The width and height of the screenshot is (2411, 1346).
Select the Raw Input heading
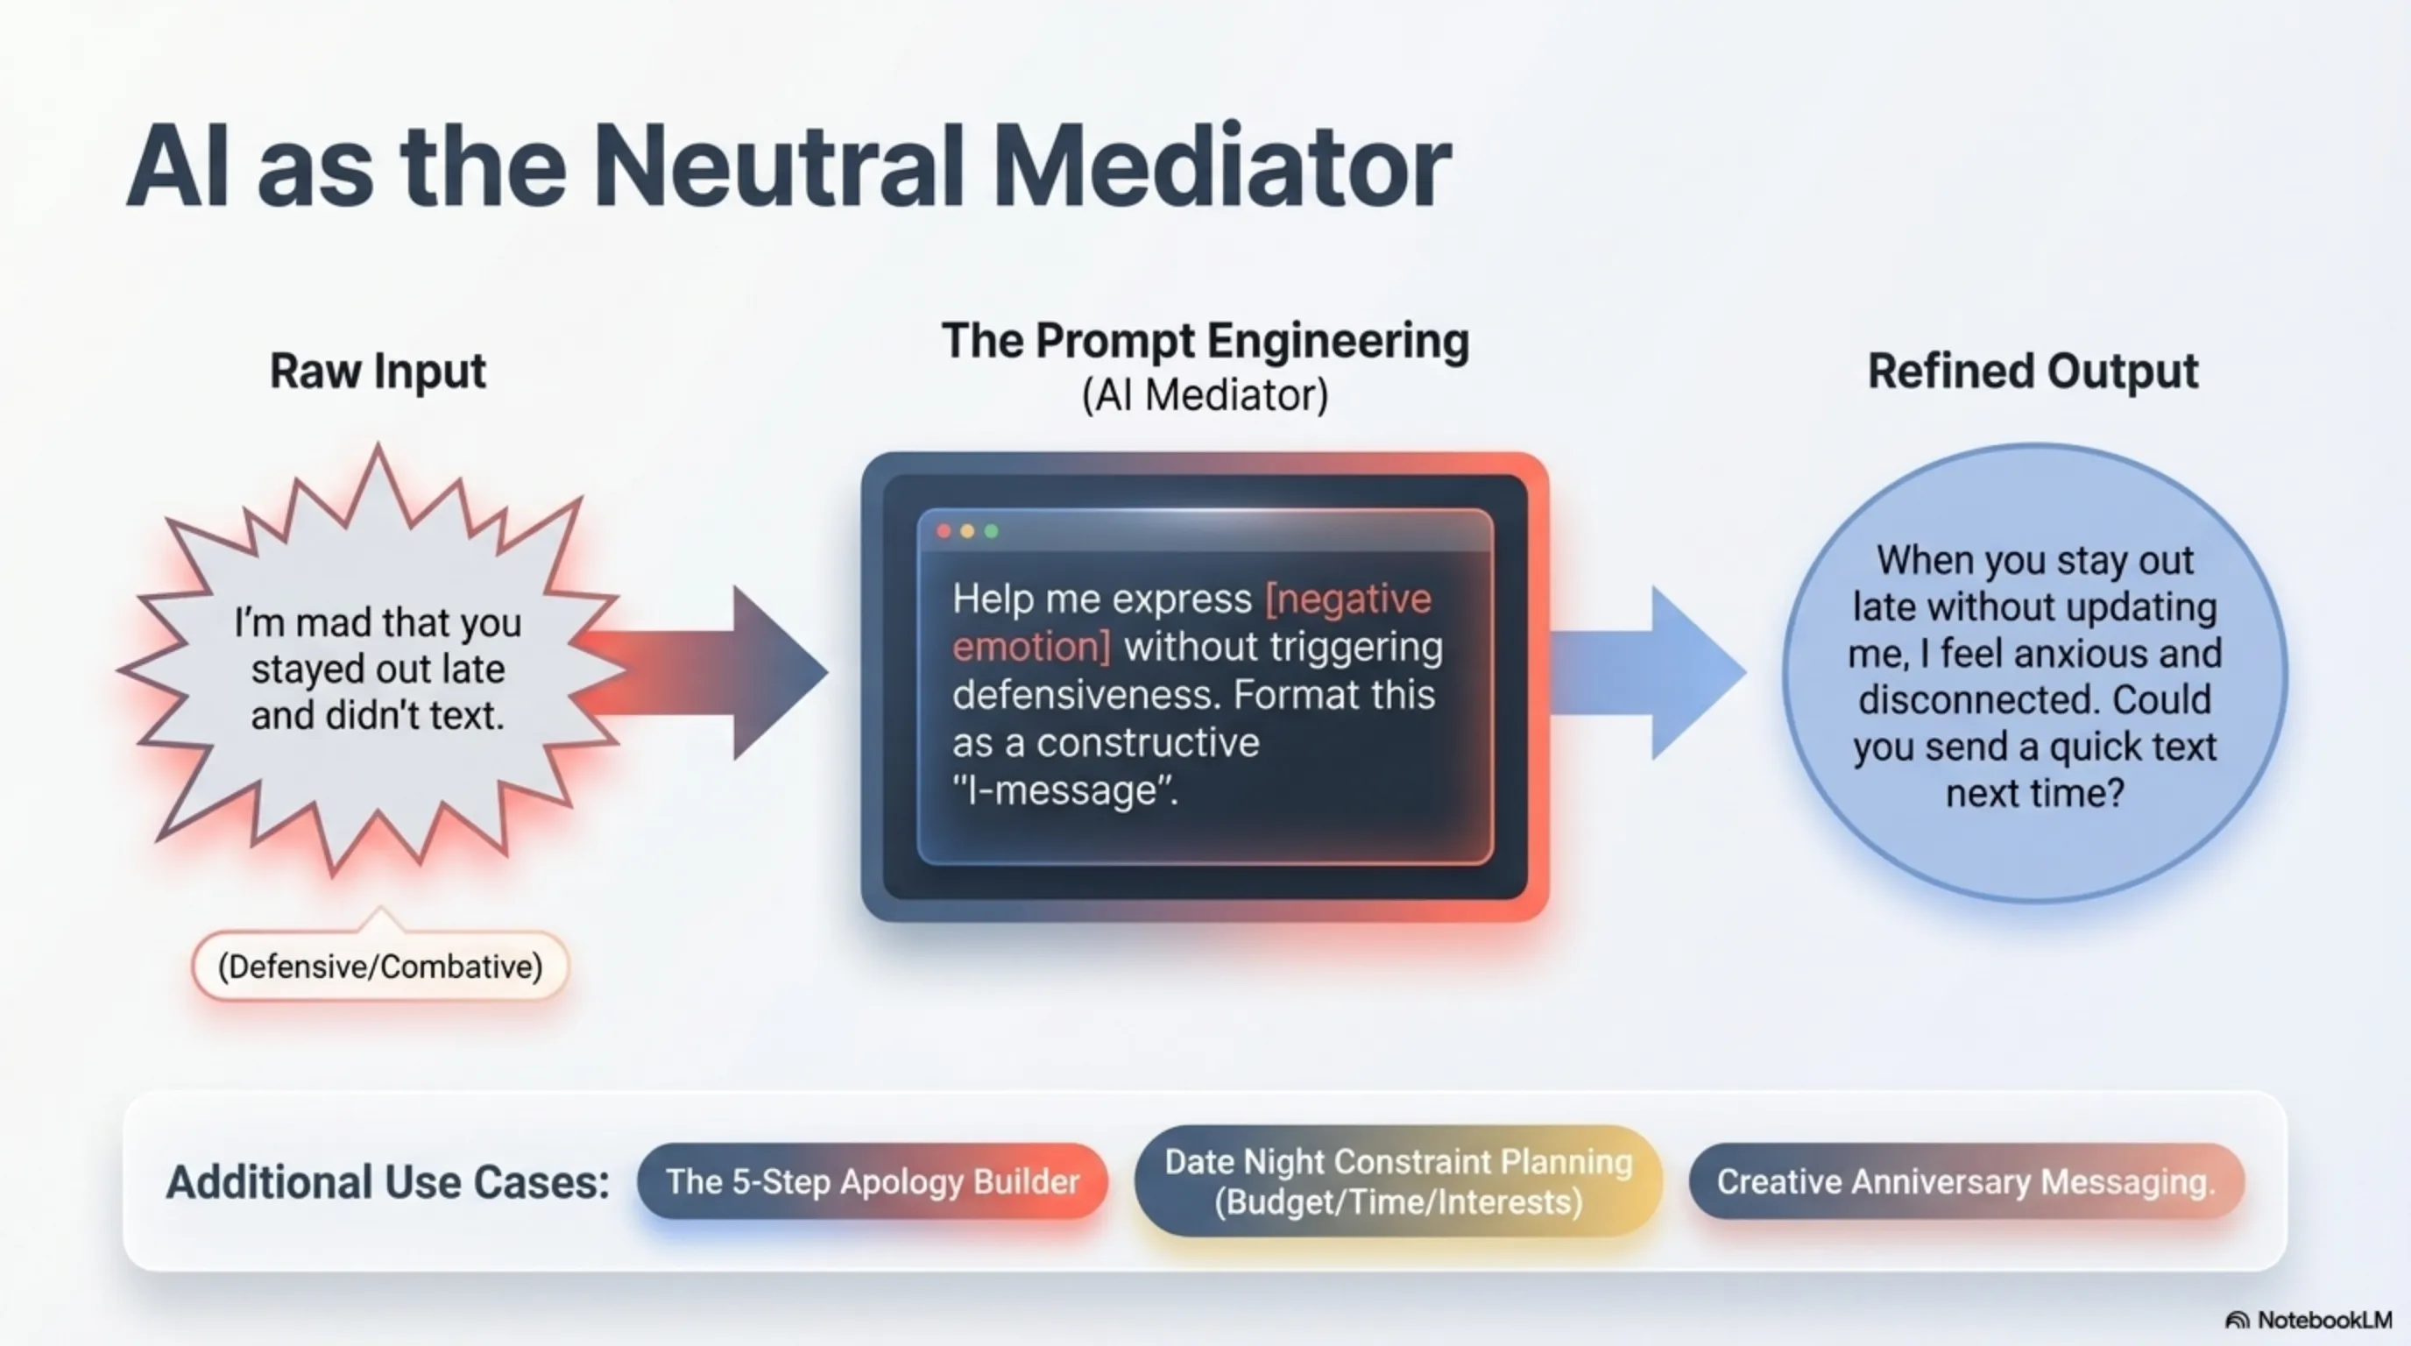tap(378, 371)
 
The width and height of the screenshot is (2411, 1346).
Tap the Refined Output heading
tap(2032, 371)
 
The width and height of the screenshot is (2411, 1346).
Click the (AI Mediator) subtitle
tap(1205, 395)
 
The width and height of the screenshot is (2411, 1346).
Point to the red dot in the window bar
tap(944, 532)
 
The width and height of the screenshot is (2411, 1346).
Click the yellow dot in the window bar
tap(968, 532)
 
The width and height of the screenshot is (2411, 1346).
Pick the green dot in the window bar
tap(991, 532)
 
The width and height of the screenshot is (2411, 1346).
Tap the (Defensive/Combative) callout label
tap(380, 966)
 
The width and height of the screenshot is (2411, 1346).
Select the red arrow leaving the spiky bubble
tap(702, 672)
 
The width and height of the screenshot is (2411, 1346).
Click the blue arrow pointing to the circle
tap(1647, 672)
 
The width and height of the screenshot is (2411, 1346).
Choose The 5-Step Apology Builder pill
tap(873, 1181)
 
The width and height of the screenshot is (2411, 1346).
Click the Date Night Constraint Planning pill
tap(1398, 1181)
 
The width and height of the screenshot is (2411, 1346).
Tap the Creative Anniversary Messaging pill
tap(1967, 1181)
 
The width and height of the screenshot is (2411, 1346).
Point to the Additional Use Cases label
tap(387, 1181)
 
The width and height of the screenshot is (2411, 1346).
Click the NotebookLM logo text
tap(2325, 1320)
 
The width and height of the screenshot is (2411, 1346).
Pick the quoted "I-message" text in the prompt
tap(1065, 791)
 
